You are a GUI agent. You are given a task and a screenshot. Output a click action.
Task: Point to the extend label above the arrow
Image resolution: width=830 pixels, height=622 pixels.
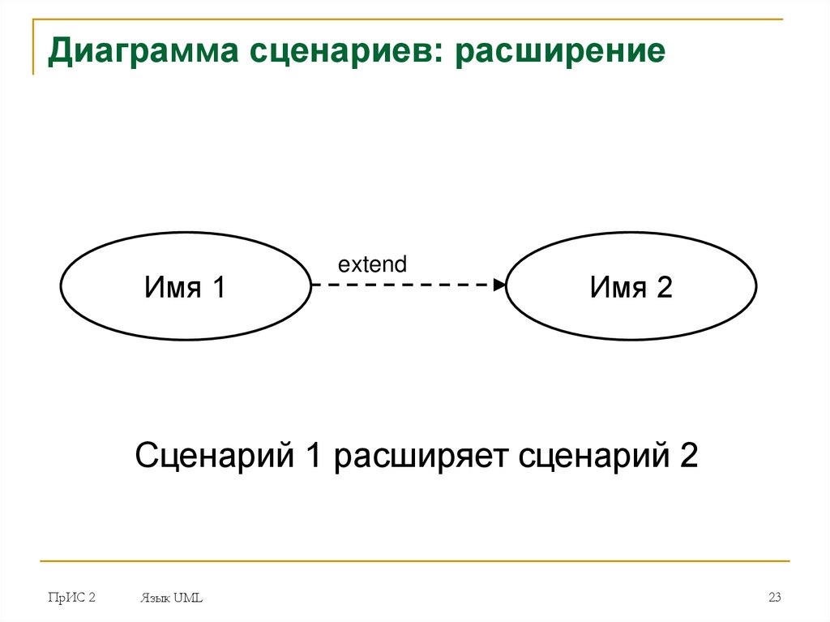[x=372, y=264]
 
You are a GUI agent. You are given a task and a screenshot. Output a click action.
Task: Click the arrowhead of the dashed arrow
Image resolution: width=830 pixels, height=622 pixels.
[x=500, y=285]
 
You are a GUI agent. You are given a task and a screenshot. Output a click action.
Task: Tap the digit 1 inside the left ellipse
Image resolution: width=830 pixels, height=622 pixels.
[x=216, y=287]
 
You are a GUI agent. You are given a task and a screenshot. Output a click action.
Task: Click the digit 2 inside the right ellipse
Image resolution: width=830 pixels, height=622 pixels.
[x=664, y=287]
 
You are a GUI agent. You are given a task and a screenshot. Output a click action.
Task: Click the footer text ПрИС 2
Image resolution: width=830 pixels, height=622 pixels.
[x=71, y=598]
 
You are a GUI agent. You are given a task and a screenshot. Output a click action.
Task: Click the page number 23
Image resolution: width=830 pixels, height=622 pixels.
[x=774, y=598]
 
